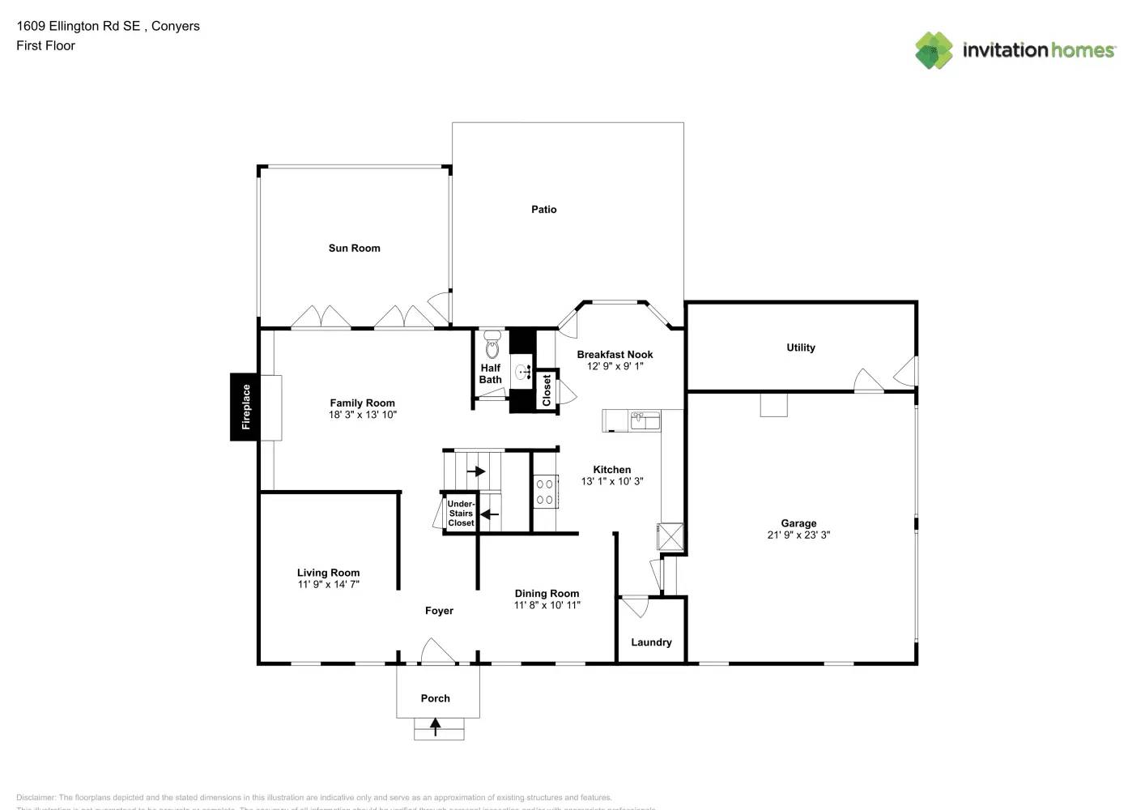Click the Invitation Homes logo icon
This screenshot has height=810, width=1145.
coord(934,50)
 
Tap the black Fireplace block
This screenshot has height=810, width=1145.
coord(245,407)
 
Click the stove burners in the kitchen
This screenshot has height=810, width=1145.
coord(544,492)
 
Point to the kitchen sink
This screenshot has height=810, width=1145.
coord(645,420)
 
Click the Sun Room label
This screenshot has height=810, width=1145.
coord(354,248)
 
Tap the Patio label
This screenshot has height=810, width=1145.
coord(543,209)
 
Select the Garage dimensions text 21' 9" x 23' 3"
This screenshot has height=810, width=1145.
coord(798,535)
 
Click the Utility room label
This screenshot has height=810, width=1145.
coord(800,347)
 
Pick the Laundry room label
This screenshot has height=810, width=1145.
coord(651,642)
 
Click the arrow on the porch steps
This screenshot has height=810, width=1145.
coord(436,727)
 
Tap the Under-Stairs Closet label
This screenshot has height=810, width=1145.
coord(461,514)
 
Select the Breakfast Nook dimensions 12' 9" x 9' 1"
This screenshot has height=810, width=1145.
coord(615,366)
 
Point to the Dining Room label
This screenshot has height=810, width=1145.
coord(547,593)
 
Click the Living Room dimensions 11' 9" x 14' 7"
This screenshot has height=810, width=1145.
coord(328,584)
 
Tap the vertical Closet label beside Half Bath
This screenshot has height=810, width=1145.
coord(547,390)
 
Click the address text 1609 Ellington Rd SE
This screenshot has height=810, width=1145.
coord(79,26)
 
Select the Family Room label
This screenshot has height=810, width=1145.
coord(362,403)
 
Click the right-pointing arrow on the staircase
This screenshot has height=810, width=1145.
coord(476,471)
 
